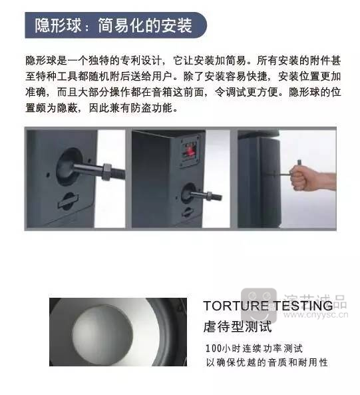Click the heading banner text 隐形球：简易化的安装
[114, 25]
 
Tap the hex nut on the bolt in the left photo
[106, 172]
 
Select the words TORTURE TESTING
[268, 306]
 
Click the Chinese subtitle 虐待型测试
[238, 327]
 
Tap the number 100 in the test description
[214, 348]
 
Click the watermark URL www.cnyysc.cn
[315, 315]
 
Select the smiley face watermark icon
[258, 305]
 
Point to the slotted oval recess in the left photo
[68, 200]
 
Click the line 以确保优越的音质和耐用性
[267, 362]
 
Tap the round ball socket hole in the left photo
[69, 167]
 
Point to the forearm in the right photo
[324, 179]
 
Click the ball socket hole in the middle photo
[188, 193]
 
